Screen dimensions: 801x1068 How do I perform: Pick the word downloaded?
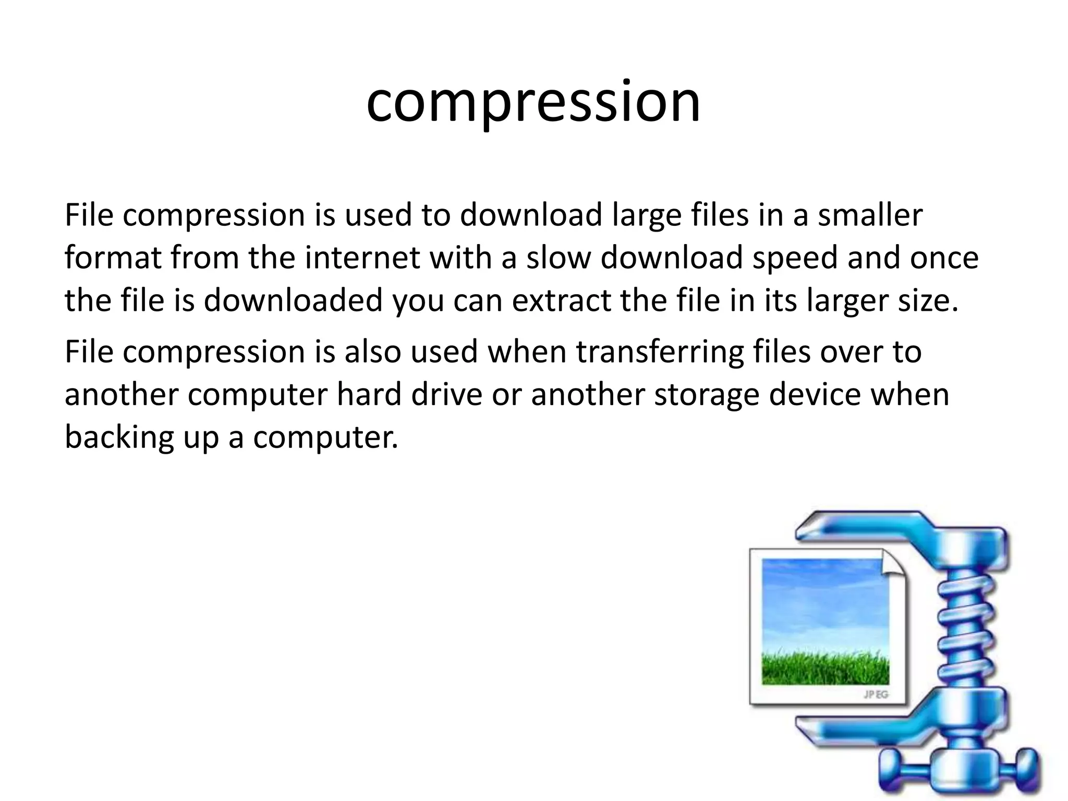tap(293, 301)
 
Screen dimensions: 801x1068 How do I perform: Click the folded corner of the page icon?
tap(894, 563)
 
